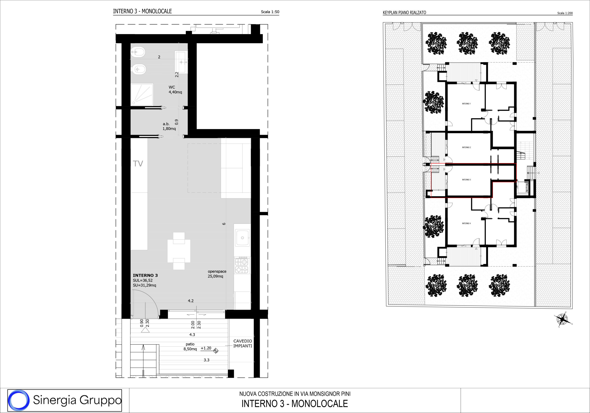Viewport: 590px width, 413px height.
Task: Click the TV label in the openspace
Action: click(x=138, y=164)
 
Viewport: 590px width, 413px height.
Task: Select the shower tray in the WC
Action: click(x=142, y=94)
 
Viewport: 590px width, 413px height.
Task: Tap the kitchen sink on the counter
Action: click(x=242, y=238)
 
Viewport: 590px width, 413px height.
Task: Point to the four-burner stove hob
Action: click(x=242, y=265)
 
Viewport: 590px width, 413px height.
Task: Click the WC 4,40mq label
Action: click(x=175, y=90)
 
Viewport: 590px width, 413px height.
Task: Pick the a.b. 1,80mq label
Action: click(x=169, y=126)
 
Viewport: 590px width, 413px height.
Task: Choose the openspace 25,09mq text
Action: click(x=217, y=274)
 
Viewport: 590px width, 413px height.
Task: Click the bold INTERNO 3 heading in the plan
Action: click(x=145, y=275)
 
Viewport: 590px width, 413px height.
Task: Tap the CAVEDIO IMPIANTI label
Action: click(x=243, y=344)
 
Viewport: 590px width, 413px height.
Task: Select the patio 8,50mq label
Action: click(x=190, y=347)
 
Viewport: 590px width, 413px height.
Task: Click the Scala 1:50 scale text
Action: click(x=270, y=12)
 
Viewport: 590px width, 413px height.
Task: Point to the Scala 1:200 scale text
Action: click(x=565, y=13)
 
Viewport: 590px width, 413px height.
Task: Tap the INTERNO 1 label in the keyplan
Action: click(x=466, y=104)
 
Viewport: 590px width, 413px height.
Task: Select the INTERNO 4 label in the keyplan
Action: click(x=466, y=223)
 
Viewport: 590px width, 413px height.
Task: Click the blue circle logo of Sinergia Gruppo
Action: click(x=18, y=400)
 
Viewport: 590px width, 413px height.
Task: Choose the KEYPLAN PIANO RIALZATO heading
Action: click(x=404, y=13)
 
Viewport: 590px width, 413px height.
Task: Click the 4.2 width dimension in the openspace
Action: click(x=191, y=301)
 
